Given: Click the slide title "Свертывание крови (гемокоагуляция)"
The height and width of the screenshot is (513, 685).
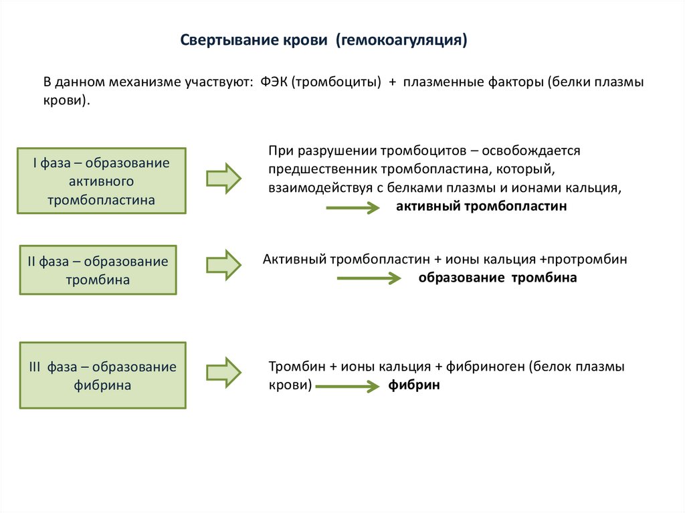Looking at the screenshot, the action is [x=324, y=40].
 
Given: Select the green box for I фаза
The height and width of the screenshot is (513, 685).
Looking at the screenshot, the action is [x=102, y=181].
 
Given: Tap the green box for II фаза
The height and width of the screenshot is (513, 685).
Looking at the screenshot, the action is [x=98, y=270].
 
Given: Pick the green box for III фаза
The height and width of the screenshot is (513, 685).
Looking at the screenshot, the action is [x=103, y=376].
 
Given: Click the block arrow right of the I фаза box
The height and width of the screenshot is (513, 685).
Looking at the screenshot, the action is [x=223, y=179].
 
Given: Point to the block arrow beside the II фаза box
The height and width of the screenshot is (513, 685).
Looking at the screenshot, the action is [x=223, y=265].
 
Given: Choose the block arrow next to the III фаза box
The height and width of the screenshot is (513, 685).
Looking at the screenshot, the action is [x=223, y=373].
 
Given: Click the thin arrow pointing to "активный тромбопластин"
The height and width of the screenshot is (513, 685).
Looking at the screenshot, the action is [x=353, y=209].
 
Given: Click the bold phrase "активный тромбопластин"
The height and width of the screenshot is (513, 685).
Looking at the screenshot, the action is [x=481, y=207].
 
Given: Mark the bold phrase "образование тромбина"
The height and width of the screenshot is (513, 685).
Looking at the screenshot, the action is [x=498, y=277].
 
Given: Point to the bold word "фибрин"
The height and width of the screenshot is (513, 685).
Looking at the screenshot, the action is [x=414, y=386].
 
